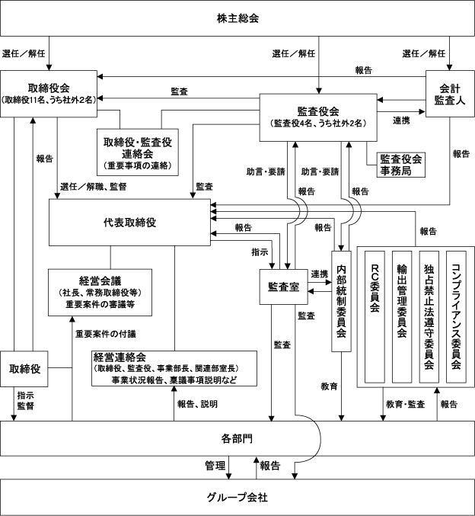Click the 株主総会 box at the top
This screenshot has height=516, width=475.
pyautogui.click(x=237, y=18)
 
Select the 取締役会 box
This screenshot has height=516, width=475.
pyautogui.click(x=49, y=94)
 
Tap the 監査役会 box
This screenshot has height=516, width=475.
pyautogui.click(x=318, y=117)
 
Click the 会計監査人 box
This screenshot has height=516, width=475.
pyautogui.click(x=450, y=94)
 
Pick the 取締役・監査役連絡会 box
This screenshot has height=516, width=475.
pyautogui.click(x=138, y=152)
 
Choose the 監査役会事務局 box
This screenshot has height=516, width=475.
pyautogui.click(x=400, y=165)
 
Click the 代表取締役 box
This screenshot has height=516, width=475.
pyautogui.click(x=130, y=222)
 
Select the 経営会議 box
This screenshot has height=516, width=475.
pyautogui.click(x=100, y=293)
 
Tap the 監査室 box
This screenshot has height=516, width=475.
pyautogui.click(x=284, y=287)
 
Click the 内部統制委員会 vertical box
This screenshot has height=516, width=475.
pyautogui.click(x=341, y=301)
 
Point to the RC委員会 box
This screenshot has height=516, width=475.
pyautogui.click(x=375, y=317)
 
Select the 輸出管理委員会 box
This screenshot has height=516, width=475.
pyautogui.click(x=402, y=317)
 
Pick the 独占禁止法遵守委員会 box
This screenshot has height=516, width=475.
pyautogui.click(x=429, y=317)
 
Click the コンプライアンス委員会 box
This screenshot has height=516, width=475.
pyautogui.click(x=456, y=317)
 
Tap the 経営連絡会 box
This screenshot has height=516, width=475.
pyautogui.click(x=174, y=368)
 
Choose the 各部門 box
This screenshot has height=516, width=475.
pyautogui.click(x=237, y=438)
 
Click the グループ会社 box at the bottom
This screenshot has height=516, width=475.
pyautogui.click(x=237, y=497)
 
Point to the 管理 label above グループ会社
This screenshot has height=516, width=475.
pyautogui.click(x=215, y=466)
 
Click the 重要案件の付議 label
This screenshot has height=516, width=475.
pyautogui.click(x=106, y=334)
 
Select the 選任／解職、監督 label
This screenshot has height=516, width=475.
pyautogui.click(x=94, y=187)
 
